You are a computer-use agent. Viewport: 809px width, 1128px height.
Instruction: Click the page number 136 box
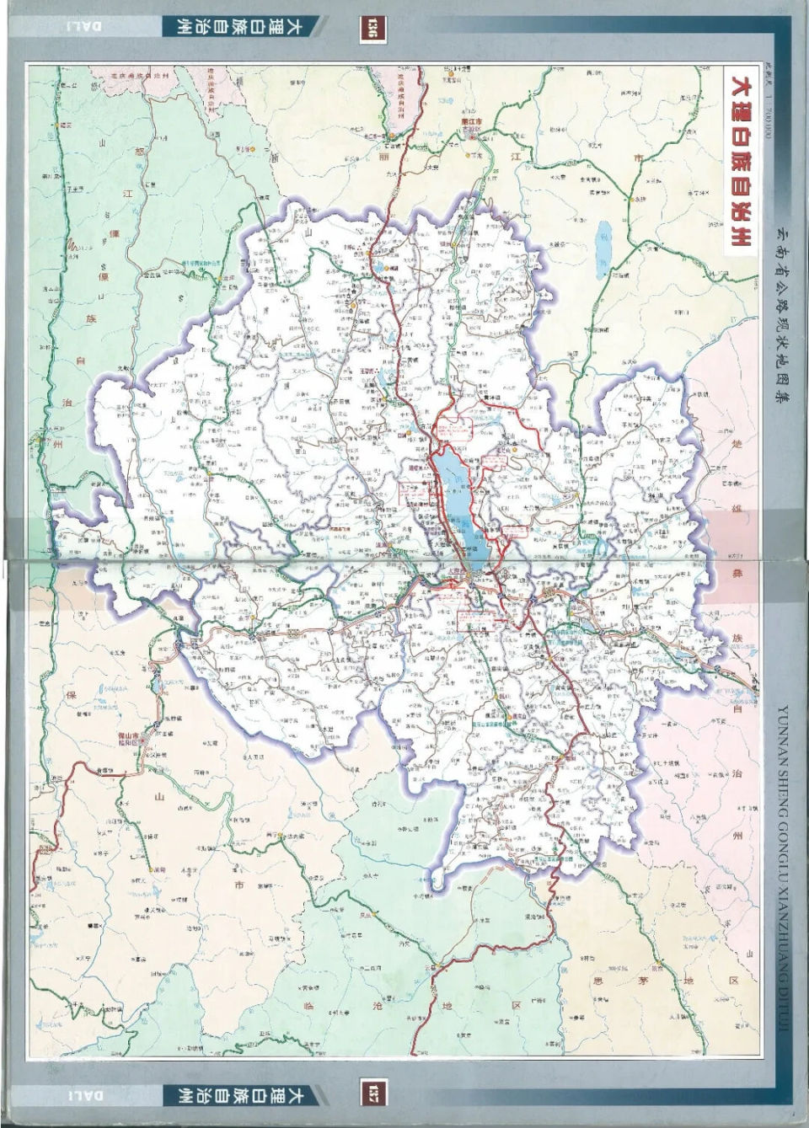coord(369,29)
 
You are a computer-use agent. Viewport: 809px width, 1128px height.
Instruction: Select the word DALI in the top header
coord(84,26)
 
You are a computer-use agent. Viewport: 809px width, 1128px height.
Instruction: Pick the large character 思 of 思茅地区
coord(598,981)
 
